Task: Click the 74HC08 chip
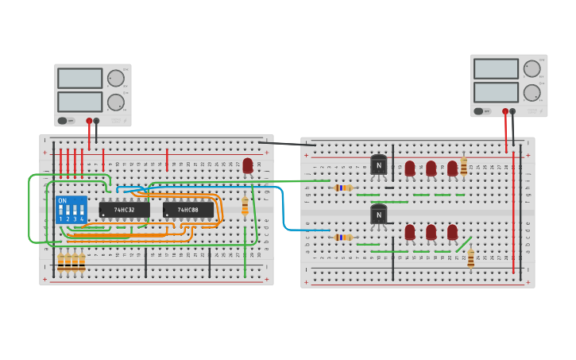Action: coord(187,210)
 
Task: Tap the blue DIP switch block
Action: coord(72,211)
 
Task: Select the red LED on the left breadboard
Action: coord(248,165)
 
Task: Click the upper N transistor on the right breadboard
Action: coord(379,165)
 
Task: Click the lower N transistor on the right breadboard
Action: coord(379,215)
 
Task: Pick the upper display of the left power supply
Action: coord(79,78)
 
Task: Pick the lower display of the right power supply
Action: coord(496,92)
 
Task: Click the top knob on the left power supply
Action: coord(116,78)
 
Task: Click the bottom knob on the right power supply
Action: coord(532,92)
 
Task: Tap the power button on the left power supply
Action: coord(62,121)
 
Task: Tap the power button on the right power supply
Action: coord(478,111)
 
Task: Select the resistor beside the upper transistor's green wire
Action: coord(343,188)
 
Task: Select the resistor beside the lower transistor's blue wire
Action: coord(343,237)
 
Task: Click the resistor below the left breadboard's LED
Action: coord(245,206)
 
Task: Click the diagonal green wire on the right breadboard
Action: coord(463,243)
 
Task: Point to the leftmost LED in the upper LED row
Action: coord(410,168)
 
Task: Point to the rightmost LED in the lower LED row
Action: coord(452,232)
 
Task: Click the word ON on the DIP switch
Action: coord(63,201)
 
